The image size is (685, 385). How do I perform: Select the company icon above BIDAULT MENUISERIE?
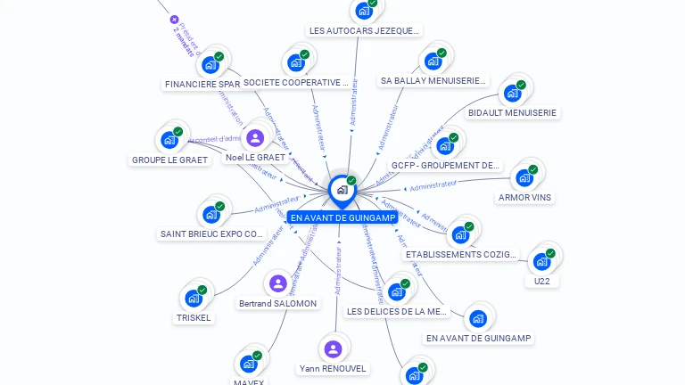[512, 93]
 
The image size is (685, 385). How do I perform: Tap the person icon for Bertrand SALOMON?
[278, 284]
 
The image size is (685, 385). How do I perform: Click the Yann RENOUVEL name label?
[333, 368]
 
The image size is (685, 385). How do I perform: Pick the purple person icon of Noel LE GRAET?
[255, 137]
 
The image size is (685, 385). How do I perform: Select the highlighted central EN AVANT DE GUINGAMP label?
[342, 217]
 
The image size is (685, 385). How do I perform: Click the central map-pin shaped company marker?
[342, 189]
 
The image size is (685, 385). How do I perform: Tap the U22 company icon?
[541, 261]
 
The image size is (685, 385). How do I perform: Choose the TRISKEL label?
[194, 317]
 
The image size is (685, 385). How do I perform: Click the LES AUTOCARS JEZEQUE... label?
[363, 30]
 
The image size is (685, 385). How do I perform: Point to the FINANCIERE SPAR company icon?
[210, 64]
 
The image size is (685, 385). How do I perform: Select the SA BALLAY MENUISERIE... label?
[433, 80]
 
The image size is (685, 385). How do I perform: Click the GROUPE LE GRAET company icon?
[169, 140]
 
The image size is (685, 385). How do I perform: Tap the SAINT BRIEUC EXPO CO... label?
[212, 234]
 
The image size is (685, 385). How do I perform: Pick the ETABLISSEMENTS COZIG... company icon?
[460, 234]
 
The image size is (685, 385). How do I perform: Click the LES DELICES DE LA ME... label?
[396, 311]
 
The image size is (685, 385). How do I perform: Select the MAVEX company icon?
[249, 364]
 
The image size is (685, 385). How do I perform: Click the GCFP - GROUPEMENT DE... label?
[446, 165]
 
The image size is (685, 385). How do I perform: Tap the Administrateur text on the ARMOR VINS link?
[432, 185]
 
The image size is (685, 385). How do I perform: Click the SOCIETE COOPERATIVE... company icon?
[296, 63]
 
